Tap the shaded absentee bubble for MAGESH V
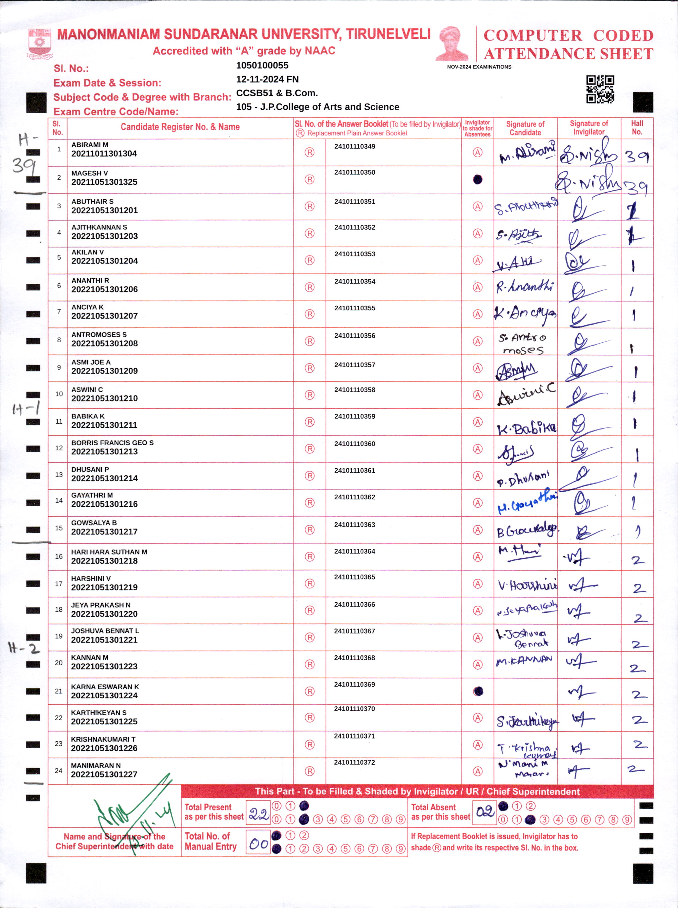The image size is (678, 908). pos(477,179)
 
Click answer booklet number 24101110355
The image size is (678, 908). pos(355,308)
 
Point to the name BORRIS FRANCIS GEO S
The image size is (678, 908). pos(113,443)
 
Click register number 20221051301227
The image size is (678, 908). pos(104,774)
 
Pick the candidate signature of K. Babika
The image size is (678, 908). pos(526,428)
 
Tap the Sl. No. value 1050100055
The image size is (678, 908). pos(262,65)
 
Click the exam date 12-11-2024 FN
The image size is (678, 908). pos(267,79)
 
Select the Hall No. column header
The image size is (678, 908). pos(637,128)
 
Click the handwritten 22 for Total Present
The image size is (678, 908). pos(258,814)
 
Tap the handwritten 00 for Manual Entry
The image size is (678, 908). pos(258,844)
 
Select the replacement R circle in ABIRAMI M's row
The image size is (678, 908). pos(309,152)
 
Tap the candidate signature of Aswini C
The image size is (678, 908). pos(526,395)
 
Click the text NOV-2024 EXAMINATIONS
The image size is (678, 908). pos(479,67)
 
